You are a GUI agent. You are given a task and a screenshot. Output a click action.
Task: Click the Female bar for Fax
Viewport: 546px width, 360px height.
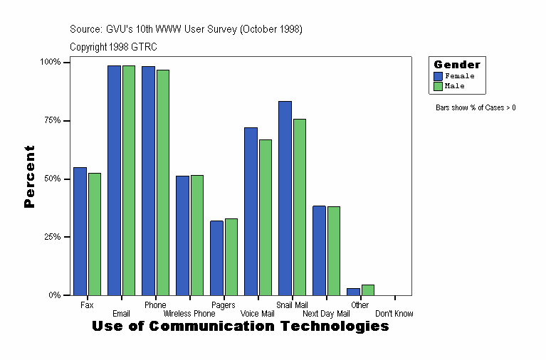pos(80,231)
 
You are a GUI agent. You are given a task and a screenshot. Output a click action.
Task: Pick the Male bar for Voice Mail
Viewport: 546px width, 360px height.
pos(266,217)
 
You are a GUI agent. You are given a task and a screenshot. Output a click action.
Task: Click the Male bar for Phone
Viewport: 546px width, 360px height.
pos(163,182)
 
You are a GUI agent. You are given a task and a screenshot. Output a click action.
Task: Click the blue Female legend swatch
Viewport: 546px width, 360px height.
pos(439,76)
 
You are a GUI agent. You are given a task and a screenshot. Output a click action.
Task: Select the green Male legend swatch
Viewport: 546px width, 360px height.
pos(439,86)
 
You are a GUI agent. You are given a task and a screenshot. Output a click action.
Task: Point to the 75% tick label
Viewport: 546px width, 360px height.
pos(50,120)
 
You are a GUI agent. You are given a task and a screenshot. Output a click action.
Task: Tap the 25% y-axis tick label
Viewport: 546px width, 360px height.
pos(50,237)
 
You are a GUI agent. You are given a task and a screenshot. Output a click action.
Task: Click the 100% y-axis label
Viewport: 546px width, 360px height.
pos(49,62)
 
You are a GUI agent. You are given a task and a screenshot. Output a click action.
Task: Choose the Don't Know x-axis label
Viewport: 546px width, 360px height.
pos(394,314)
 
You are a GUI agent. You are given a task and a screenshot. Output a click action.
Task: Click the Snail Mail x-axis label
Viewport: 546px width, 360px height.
pos(291,305)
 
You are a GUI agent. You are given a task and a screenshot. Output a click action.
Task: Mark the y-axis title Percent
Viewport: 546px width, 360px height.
pos(29,176)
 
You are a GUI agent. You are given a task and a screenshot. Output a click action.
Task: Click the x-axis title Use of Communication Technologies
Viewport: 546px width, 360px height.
pos(241,327)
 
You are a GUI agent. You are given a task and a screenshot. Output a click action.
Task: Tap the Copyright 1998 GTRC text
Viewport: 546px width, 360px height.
pos(113,47)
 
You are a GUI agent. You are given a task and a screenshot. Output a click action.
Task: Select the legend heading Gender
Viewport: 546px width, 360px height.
pos(457,65)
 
